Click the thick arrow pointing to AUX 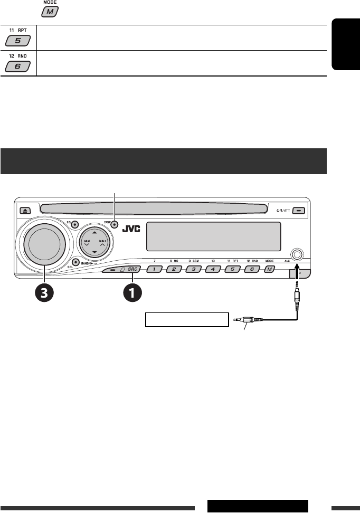[297, 272]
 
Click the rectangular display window [213, 236]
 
